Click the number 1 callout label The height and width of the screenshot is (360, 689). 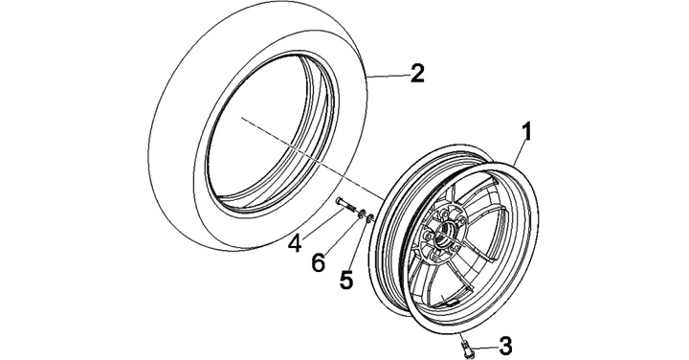click(527, 133)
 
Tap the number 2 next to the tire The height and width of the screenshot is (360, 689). click(417, 74)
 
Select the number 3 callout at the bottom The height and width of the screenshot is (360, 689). click(506, 346)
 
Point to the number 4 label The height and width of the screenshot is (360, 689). click(295, 243)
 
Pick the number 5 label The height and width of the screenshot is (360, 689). click(346, 280)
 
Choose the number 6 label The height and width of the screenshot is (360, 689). click(318, 263)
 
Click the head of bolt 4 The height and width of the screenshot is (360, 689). click(340, 202)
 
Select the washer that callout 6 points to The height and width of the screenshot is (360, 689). click(362, 214)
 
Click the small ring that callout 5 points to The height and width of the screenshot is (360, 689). click(370, 217)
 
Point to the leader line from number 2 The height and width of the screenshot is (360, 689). click(388, 77)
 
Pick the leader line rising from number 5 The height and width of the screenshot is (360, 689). click(359, 244)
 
